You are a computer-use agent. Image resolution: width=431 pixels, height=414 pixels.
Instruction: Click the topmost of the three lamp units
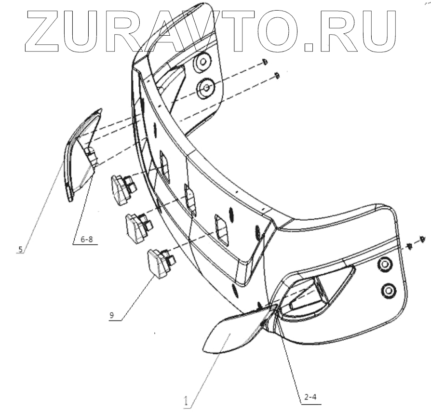[x=122, y=188]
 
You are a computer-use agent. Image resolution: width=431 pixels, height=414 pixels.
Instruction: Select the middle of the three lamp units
[x=137, y=226]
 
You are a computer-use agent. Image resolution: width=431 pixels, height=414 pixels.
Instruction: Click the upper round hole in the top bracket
[x=202, y=62]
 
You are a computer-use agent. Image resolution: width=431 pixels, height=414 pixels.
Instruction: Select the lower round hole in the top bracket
[x=206, y=87]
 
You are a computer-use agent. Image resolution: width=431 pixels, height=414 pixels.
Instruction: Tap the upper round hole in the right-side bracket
[x=385, y=264]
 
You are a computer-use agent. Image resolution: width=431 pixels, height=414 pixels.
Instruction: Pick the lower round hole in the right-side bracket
[x=388, y=290]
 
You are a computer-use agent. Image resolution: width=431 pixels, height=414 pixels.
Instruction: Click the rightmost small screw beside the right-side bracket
[x=422, y=239]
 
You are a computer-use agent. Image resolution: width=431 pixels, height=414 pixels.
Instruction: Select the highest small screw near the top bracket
[x=265, y=61]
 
